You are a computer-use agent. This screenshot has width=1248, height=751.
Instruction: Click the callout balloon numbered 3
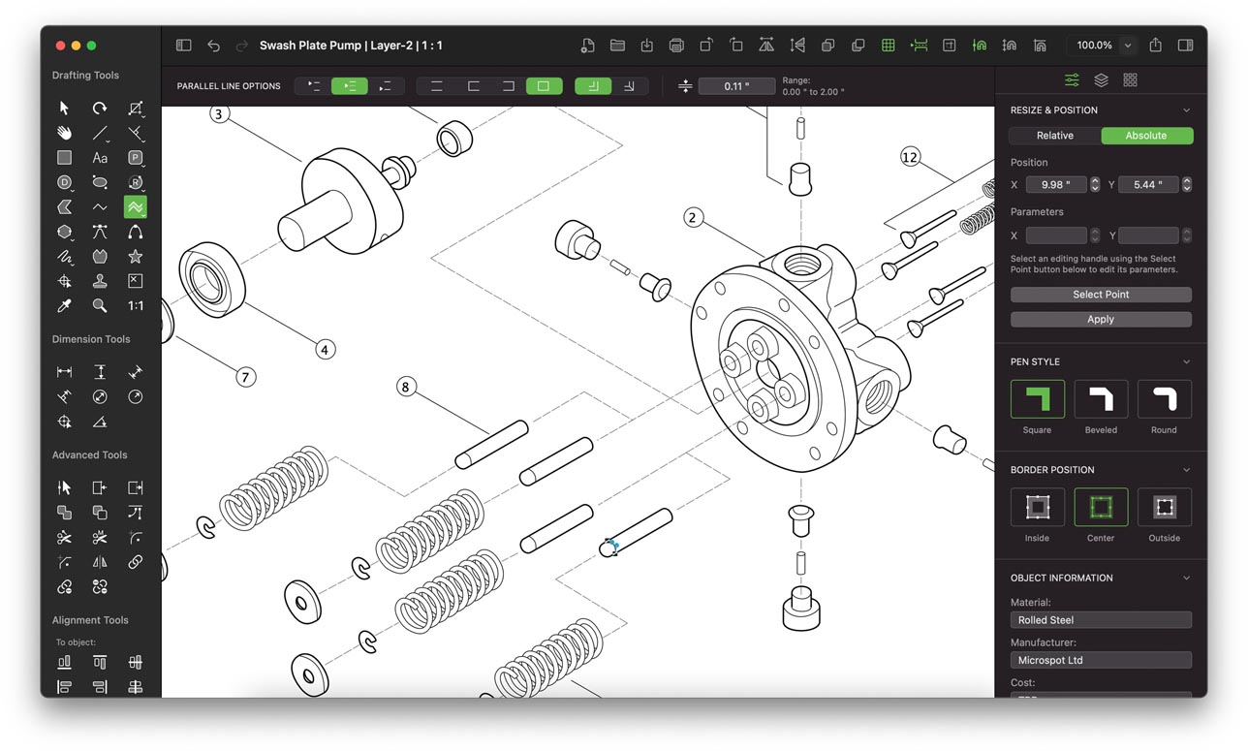219,114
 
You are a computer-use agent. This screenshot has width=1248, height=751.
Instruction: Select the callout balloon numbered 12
909,157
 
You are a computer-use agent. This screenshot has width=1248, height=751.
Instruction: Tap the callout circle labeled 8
406,388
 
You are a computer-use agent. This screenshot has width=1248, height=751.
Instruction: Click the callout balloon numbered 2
692,217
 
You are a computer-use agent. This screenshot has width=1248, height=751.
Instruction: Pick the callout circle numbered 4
326,349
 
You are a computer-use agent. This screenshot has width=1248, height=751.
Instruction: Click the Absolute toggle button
1146,136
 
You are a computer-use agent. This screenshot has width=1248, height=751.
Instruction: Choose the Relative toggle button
1054,136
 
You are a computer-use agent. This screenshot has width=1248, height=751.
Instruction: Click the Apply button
1101,319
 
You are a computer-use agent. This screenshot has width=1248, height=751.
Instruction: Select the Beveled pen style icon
1101,399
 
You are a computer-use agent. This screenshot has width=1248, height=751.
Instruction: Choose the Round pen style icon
1164,399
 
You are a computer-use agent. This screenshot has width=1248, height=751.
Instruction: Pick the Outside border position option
1164,507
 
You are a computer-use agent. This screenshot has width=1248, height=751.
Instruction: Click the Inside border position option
1037,507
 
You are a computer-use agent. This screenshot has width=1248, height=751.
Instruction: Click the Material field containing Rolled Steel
1101,620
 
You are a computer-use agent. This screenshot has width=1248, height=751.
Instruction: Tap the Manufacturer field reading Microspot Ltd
1101,660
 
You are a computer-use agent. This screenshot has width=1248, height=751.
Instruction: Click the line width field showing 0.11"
736,86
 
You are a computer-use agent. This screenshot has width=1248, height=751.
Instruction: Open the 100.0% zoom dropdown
1127,46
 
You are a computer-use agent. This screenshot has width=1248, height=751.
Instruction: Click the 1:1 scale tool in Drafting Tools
136,305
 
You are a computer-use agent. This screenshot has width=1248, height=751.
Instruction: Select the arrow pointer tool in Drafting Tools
65,108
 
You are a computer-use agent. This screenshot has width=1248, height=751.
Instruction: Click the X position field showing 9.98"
1056,184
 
